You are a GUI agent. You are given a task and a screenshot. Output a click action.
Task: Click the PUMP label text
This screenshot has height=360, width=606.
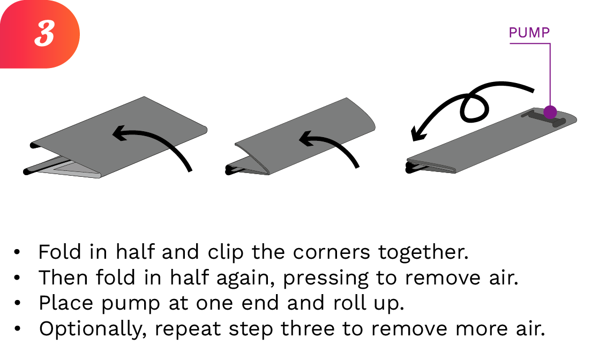click(529, 33)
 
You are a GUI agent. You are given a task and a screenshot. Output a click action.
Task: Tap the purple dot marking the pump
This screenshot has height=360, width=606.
click(550, 112)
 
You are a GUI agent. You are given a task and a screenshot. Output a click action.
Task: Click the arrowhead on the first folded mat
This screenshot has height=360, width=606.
click(119, 133)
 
